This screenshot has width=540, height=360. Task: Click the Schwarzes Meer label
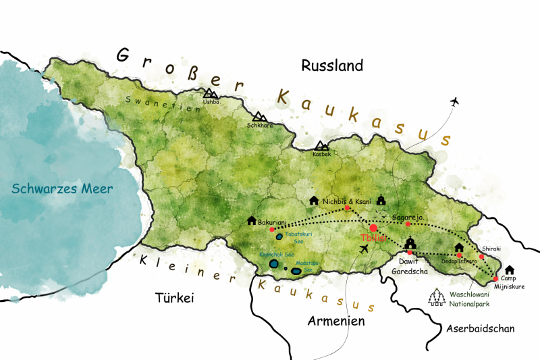62,188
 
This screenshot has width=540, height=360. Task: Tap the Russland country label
332,66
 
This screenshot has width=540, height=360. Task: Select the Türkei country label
174,297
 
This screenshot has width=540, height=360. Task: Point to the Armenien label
335,321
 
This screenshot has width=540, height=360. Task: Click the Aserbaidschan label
480,328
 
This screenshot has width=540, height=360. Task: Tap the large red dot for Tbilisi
373,228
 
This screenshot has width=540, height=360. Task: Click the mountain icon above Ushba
211,94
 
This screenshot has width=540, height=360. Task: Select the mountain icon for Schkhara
260,118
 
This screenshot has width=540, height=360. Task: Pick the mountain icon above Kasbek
323,146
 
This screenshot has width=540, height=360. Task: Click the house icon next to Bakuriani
252,220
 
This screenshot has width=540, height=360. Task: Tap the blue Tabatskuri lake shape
279,236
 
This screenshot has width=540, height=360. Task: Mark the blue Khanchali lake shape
274,264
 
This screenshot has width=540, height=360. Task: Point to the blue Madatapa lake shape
296,272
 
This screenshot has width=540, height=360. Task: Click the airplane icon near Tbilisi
365,249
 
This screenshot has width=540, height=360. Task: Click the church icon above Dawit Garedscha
410,242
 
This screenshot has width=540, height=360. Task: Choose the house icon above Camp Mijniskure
510,270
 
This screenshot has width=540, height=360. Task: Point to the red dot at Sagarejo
408,224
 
